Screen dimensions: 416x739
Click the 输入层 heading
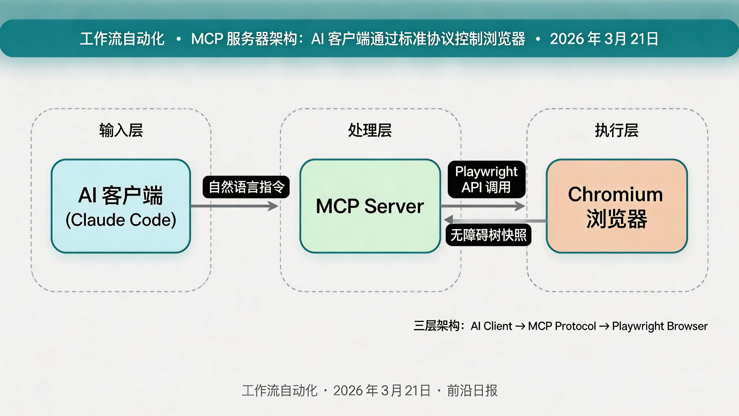tap(121, 130)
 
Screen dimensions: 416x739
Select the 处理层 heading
tap(370, 130)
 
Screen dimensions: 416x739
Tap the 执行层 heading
tap(616, 130)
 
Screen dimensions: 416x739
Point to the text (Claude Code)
tap(121, 220)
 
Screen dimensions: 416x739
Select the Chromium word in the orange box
tap(615, 194)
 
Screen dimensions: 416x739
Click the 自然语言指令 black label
tap(246, 187)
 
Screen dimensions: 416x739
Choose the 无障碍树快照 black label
tap(488, 235)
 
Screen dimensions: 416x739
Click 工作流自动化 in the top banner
tap(122, 39)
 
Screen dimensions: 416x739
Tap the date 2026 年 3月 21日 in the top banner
tap(604, 39)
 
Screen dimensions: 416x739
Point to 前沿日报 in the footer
tap(472, 390)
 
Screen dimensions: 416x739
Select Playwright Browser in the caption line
tap(660, 326)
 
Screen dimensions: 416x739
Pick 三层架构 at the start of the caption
tap(437, 326)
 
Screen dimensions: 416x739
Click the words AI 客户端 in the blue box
tap(121, 195)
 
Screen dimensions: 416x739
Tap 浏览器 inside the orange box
tap(616, 219)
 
